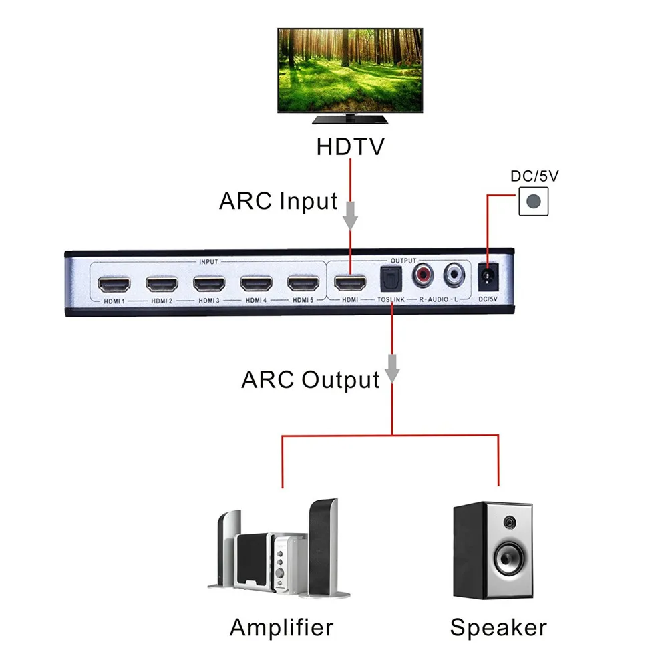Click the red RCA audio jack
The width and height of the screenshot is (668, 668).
(x=424, y=273)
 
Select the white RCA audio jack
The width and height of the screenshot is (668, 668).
(x=455, y=273)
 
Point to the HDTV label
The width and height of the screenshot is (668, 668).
(x=351, y=146)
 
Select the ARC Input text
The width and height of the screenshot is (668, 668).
(x=278, y=201)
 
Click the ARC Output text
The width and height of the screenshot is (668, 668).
(x=310, y=381)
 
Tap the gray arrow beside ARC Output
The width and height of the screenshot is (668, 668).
(x=392, y=371)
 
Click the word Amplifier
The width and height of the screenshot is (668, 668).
(x=281, y=627)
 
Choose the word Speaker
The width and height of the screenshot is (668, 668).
(x=498, y=627)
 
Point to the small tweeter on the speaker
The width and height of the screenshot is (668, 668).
(x=510, y=522)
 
